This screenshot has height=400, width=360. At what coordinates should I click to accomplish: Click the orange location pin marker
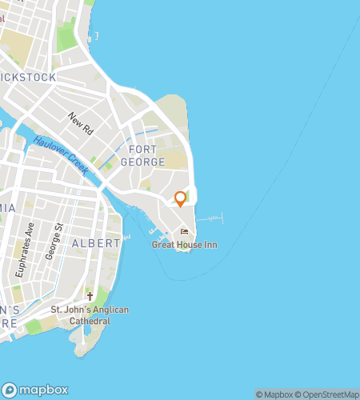pyautogui.click(x=181, y=198)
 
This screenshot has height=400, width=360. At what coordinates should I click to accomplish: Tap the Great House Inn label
pyautogui.click(x=184, y=245)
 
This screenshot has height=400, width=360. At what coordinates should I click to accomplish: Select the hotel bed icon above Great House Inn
pyautogui.click(x=185, y=233)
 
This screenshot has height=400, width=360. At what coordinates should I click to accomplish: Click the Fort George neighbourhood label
pyautogui.click(x=142, y=155)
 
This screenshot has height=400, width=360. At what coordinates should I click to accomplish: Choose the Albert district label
pyautogui.click(x=95, y=242)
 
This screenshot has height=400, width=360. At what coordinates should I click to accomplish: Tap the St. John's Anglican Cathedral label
pyautogui.click(x=89, y=315)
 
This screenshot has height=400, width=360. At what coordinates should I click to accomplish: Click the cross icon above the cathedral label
pyautogui.click(x=90, y=297)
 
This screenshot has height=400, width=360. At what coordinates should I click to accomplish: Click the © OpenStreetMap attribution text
pyautogui.click(x=329, y=394)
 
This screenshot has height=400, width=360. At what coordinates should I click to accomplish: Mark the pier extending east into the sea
pyautogui.click(x=211, y=218)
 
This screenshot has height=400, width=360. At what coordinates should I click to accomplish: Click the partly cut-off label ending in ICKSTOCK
pyautogui.click(x=29, y=78)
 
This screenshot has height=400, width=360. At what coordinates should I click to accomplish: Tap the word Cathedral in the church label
pyautogui.click(x=89, y=321)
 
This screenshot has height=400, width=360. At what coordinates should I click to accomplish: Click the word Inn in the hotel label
pyautogui.click(x=210, y=245)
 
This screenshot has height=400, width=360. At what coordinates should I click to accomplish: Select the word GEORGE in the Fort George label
pyautogui.click(x=142, y=162)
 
